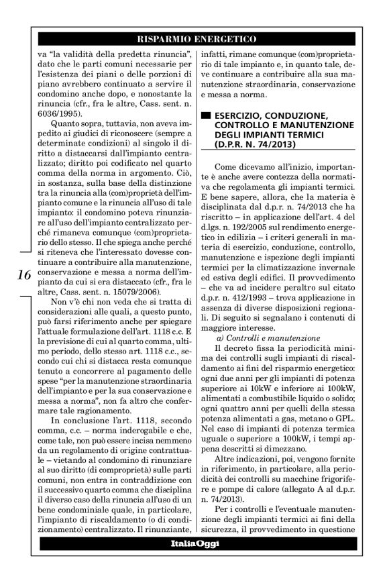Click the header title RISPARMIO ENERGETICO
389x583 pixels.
[194, 40]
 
